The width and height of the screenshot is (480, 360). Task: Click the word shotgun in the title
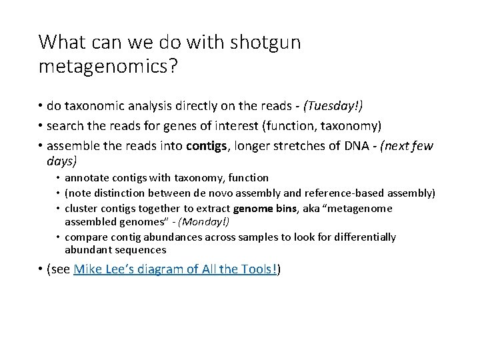click(x=265, y=42)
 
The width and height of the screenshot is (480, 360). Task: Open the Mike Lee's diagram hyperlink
click(x=177, y=269)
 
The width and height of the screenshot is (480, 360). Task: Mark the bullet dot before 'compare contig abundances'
click(x=58, y=237)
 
